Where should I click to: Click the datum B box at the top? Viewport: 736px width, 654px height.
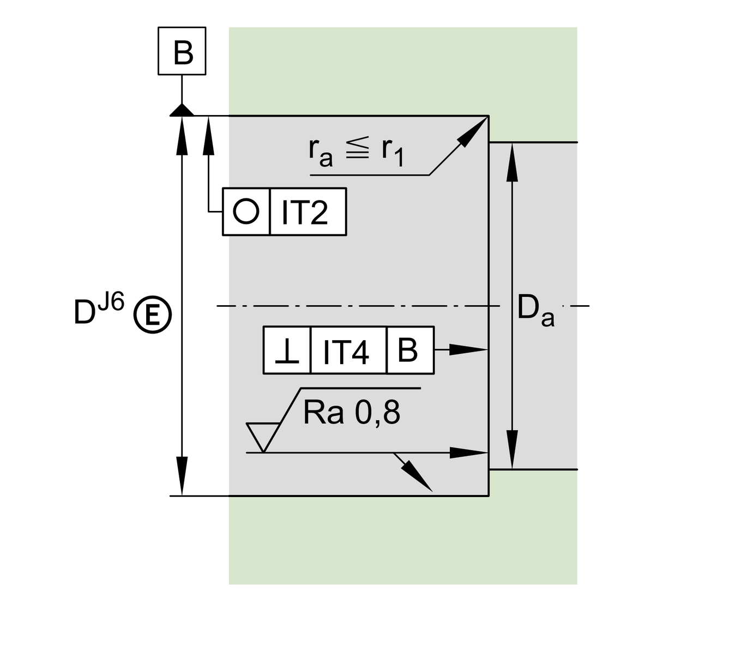click(182, 51)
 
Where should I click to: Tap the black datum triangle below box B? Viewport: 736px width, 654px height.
click(182, 110)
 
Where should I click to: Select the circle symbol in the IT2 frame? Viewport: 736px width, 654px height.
click(246, 211)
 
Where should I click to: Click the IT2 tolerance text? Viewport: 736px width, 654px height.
click(305, 213)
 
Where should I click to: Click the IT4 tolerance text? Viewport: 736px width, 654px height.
click(347, 352)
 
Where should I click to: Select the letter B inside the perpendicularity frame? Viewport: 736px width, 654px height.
click(408, 350)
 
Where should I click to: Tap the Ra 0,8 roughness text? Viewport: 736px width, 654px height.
click(352, 413)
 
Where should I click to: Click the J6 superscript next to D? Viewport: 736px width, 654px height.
click(111, 302)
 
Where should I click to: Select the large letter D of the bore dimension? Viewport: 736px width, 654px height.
click(85, 312)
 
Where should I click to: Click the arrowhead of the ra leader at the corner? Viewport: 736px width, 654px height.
click(475, 130)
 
